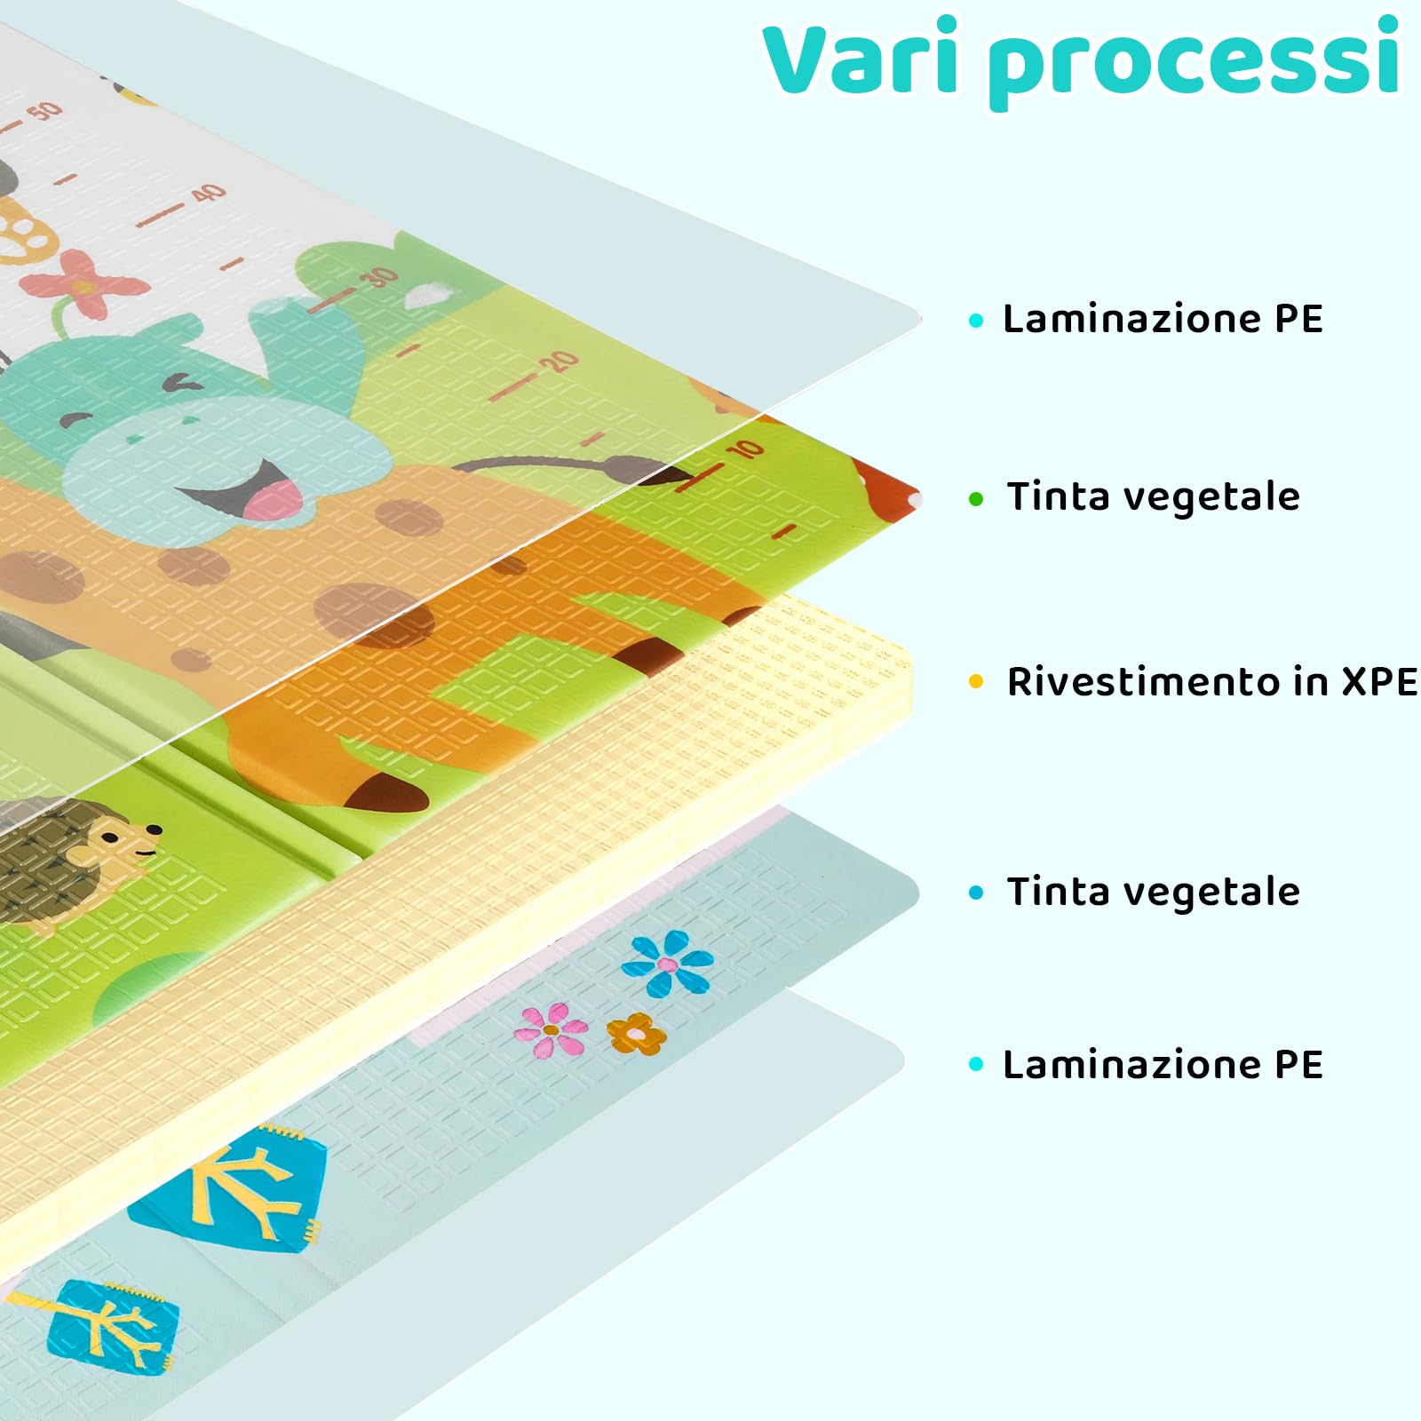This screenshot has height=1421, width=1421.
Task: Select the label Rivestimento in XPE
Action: click(1211, 682)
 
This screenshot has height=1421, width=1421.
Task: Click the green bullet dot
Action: click(977, 499)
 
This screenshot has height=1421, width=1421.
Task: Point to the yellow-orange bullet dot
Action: click(977, 682)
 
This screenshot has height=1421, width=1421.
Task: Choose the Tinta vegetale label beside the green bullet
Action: click(1153, 496)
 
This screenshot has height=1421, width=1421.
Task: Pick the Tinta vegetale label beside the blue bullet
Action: click(1153, 892)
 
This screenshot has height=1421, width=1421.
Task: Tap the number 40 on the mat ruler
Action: click(209, 193)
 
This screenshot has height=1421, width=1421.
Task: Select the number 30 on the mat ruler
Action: click(380, 277)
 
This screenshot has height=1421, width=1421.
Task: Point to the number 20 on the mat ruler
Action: click(560, 361)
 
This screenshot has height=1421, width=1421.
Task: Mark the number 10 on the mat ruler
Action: click(744, 449)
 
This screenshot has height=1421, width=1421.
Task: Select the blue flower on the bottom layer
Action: click(668, 964)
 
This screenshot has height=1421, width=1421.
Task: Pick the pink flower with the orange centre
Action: click(552, 1029)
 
